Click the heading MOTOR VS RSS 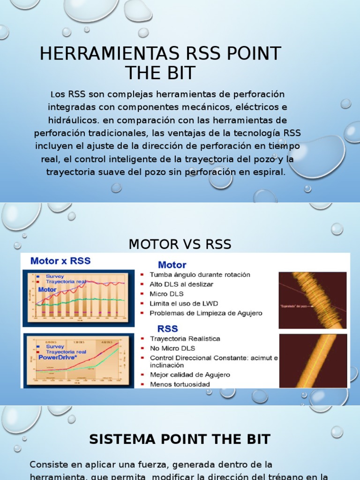click(x=180, y=244)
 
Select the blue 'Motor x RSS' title click(x=60, y=261)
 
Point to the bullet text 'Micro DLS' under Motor click(x=166, y=294)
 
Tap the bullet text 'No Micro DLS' click(x=172, y=348)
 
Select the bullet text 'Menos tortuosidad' click(x=180, y=384)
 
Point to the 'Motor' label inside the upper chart click(x=47, y=290)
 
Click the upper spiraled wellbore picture click(x=313, y=300)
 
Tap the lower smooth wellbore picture click(x=313, y=360)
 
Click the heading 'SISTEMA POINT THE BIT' click(x=180, y=439)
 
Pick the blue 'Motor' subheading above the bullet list click(x=172, y=265)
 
